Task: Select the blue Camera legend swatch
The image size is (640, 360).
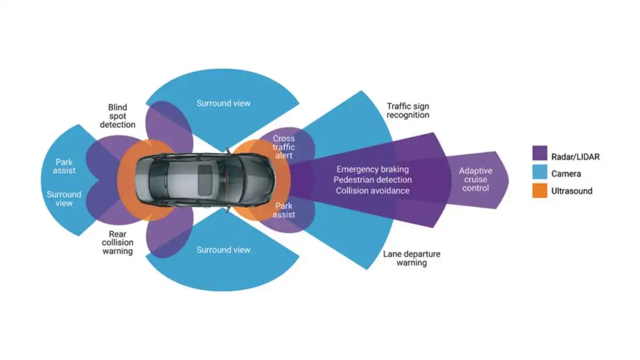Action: coord(540,173)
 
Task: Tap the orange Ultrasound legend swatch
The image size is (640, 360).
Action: coord(540,191)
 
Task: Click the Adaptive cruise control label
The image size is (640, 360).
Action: coord(475,180)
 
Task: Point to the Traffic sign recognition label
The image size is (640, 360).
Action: coord(408,110)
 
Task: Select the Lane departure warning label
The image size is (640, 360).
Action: coord(412,258)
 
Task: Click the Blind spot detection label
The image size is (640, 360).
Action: coord(117,116)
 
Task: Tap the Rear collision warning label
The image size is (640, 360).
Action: coord(117,242)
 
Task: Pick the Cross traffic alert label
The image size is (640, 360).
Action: coord(283,147)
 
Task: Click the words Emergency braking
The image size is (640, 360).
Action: coord(373,169)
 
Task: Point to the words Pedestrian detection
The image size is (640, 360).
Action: coord(373,180)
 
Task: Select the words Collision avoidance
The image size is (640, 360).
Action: coord(373,190)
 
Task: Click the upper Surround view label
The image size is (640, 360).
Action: coord(223,103)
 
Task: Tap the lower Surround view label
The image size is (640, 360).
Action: coord(223,250)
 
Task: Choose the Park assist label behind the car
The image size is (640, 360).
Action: coord(64,166)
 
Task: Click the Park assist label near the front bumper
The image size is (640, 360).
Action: coord(284,210)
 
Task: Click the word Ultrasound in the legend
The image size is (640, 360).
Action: coord(572,191)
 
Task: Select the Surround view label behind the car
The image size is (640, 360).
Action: coord(64,198)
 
